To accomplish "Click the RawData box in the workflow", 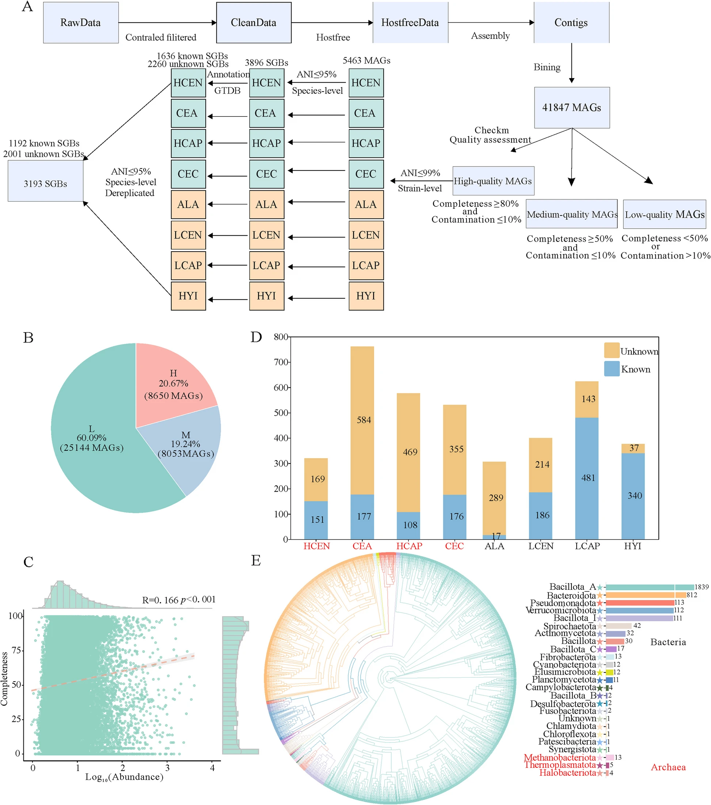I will tap(81, 22).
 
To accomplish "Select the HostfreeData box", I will tap(410, 22).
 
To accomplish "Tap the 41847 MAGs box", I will tap(571, 107).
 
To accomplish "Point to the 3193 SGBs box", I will tap(45, 183).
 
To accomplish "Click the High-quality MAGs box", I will tap(493, 181).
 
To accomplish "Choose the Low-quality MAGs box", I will tap(665, 215).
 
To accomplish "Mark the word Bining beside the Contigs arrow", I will tap(547, 67).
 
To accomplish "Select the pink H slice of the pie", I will tap(173, 384).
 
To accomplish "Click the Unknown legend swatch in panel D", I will tap(611, 350).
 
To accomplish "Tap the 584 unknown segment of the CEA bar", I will tap(362, 420).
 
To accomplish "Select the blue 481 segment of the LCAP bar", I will tap(586, 478).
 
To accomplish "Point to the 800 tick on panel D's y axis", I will tap(281, 337).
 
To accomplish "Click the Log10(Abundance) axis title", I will tap(124, 777).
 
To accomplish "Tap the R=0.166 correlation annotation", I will tap(179, 600).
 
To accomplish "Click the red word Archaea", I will tap(668, 767).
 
